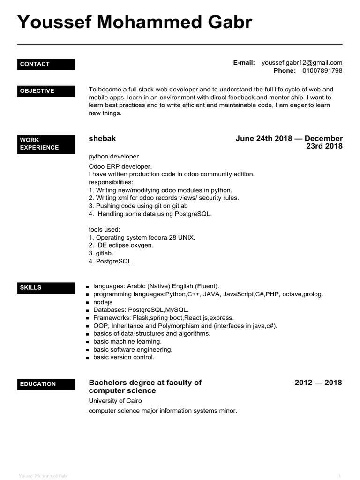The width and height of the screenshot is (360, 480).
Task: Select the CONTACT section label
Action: [x=46, y=64]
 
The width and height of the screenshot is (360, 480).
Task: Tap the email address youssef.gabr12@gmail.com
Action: [x=302, y=62]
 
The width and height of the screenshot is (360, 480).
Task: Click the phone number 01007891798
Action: [x=322, y=71]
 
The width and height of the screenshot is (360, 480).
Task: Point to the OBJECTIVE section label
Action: [x=46, y=91]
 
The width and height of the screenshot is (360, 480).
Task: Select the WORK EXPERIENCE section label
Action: [x=46, y=143]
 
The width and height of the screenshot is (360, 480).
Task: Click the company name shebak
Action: [x=102, y=139]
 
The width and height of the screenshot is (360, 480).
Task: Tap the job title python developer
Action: [x=113, y=156]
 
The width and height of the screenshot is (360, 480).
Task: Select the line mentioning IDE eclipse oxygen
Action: [x=121, y=245]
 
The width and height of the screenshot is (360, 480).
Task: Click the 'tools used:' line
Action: [x=105, y=229]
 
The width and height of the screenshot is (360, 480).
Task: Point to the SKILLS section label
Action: [x=46, y=288]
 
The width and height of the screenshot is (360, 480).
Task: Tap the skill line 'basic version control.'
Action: [x=124, y=357]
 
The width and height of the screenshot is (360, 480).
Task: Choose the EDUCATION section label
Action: [x=46, y=384]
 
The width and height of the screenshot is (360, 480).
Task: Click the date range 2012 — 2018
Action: [x=318, y=382]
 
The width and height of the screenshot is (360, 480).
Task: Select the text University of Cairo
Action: [x=115, y=401]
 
